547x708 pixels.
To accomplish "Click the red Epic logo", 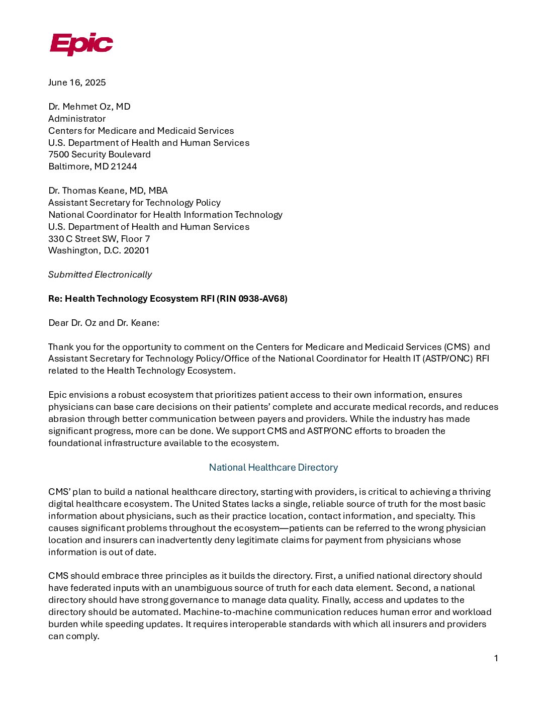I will coord(81,44).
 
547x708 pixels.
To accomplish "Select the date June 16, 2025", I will coord(77,82).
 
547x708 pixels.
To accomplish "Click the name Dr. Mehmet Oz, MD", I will coord(89,107).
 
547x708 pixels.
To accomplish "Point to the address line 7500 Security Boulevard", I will coord(100,154).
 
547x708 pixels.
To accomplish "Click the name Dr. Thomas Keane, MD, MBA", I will coord(108,191).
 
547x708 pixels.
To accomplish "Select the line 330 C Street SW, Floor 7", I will coord(99,239).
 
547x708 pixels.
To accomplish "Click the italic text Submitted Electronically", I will coord(100,275).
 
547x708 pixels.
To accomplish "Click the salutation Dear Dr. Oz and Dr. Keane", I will coord(104,323).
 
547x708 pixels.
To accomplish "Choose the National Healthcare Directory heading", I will coord(273,468).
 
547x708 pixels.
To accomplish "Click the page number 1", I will coord(496,658).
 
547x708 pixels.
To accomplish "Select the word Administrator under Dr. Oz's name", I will coord(77,119).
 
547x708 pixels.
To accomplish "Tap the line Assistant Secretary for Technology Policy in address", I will coord(134,203).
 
